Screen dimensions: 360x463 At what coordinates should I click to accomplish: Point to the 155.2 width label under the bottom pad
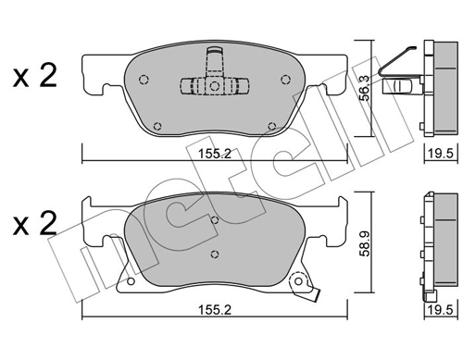pyautogui.click(x=214, y=311)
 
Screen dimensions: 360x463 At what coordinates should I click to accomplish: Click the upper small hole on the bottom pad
pyautogui.click(x=215, y=220)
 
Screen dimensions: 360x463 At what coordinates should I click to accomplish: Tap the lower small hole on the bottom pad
pyautogui.click(x=215, y=253)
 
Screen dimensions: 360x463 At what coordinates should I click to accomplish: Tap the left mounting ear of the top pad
pyautogui.click(x=92, y=78)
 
